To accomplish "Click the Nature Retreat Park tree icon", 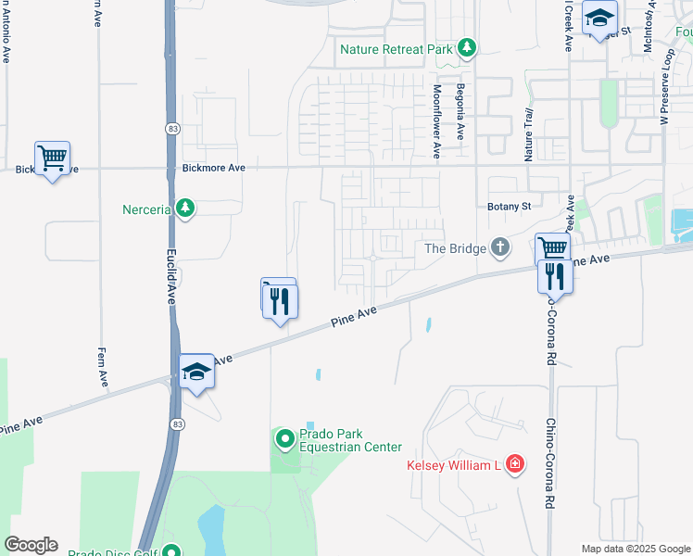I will click(x=468, y=48).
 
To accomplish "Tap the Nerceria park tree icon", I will click(x=186, y=208).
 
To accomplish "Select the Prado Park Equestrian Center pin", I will click(x=284, y=437).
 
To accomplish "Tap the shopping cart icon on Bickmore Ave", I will click(x=52, y=158).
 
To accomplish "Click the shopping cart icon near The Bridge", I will click(x=552, y=247).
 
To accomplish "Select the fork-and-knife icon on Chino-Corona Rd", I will click(x=555, y=275).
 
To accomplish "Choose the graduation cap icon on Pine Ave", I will click(x=196, y=372).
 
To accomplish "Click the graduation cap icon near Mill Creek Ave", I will click(x=599, y=17).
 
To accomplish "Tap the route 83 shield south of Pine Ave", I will click(x=176, y=423).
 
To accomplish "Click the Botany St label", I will click(x=509, y=207).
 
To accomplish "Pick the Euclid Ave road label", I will click(x=171, y=277).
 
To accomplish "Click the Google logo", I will click(x=31, y=545).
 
